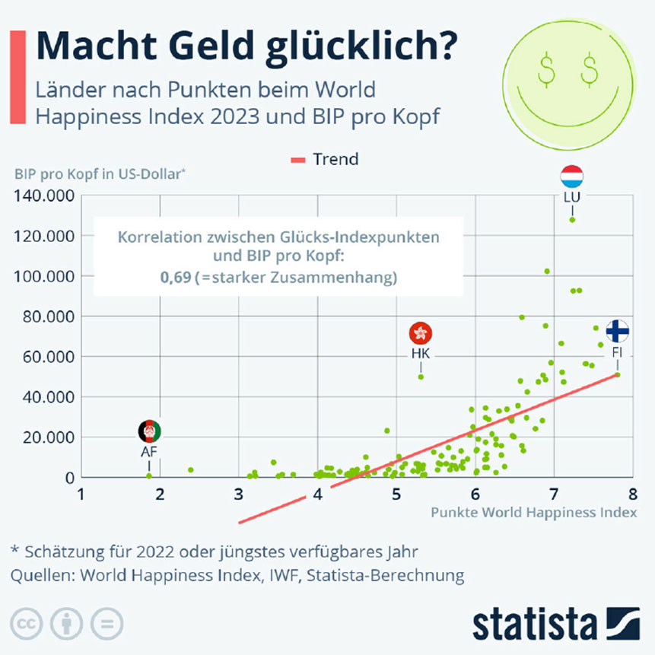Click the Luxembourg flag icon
571,177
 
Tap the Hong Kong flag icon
421,333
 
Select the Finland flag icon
617,332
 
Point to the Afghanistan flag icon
150,431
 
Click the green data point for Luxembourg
572,220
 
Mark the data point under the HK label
421,377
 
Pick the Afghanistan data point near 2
149,476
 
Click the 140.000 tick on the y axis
43,196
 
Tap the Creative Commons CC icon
27,624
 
